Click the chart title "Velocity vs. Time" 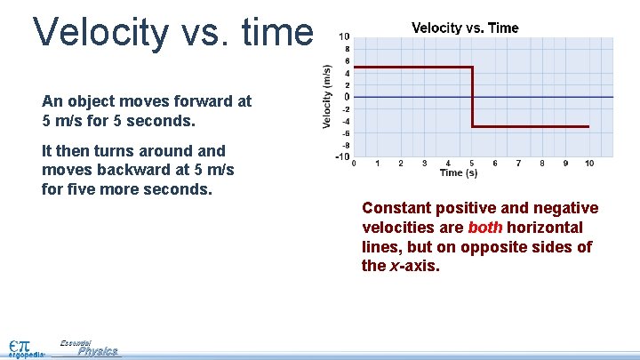click(x=465, y=28)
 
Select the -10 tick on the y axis click(x=342, y=157)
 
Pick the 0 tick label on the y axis click(x=347, y=97)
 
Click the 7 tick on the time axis click(x=518, y=164)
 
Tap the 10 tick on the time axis click(x=588, y=164)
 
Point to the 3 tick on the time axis click(x=425, y=164)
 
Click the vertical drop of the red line click(x=471, y=97)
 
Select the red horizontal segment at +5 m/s click(x=412, y=68)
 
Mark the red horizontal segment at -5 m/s click(x=530, y=127)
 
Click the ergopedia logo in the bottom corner click(x=25, y=348)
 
